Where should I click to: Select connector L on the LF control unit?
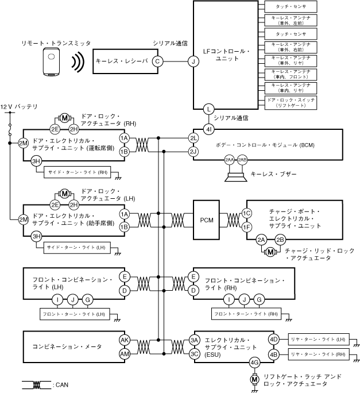[x=209, y=108]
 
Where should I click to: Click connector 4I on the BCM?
[x=209, y=129]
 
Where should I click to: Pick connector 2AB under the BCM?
[x=242, y=159]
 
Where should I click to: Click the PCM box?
[x=207, y=219]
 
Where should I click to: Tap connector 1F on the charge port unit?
[x=247, y=227]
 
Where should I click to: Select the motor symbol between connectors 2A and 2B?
[x=270, y=251]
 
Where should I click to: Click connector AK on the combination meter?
[x=124, y=340]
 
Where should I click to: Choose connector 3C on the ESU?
[x=194, y=353]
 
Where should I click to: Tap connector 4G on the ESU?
[x=254, y=363]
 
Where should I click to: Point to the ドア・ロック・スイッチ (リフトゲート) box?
[x=290, y=103]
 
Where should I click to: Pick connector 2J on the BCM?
[x=193, y=152]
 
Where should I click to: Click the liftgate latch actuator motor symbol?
[x=254, y=379]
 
